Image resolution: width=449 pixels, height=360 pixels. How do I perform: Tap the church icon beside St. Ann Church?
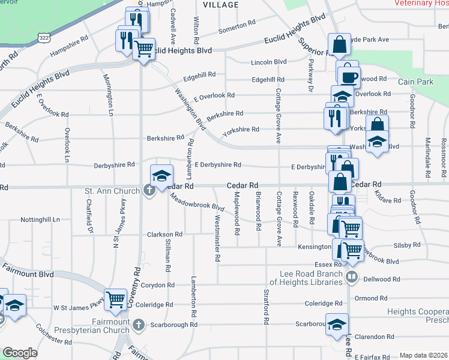[149, 191]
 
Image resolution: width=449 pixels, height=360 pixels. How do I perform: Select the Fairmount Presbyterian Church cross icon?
[139, 326]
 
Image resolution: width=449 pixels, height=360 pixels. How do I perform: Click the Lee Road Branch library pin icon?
[352, 277]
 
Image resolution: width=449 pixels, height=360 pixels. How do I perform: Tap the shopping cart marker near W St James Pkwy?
[115, 299]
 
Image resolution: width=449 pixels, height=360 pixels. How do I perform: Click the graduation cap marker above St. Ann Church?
[161, 175]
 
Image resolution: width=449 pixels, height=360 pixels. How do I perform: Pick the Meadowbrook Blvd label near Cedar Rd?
[196, 203]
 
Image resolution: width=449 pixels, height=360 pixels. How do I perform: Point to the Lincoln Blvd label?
[269, 62]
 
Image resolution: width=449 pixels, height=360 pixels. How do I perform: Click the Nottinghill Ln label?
[40, 220]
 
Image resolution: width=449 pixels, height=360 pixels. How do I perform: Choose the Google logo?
[20, 353]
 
